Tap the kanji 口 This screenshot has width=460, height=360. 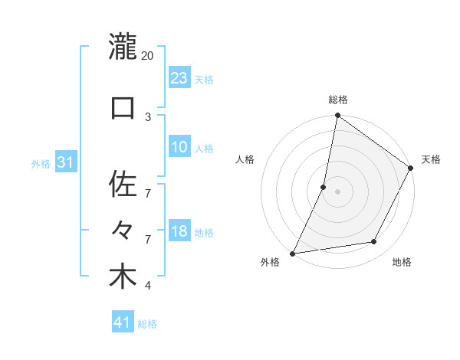123,107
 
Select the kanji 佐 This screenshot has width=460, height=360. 123,184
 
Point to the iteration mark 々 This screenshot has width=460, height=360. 123,230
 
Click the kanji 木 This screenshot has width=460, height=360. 123,277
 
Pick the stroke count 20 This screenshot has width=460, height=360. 148,56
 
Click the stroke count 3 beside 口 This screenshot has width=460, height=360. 148,116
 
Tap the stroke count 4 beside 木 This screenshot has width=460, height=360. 148,286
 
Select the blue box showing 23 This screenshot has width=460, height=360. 179,77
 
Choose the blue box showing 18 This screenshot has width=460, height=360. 179,231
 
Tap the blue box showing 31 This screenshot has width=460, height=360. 66,162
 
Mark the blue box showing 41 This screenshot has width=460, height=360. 123,322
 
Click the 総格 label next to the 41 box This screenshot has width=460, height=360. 147,324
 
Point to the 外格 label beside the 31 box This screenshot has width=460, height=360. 41,163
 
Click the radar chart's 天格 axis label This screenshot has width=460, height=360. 431,159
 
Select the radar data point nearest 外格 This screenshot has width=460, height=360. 292,254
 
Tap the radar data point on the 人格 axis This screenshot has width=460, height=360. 324,187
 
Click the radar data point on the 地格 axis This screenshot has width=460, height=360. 374,242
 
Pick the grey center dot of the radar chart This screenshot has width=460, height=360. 337,191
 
